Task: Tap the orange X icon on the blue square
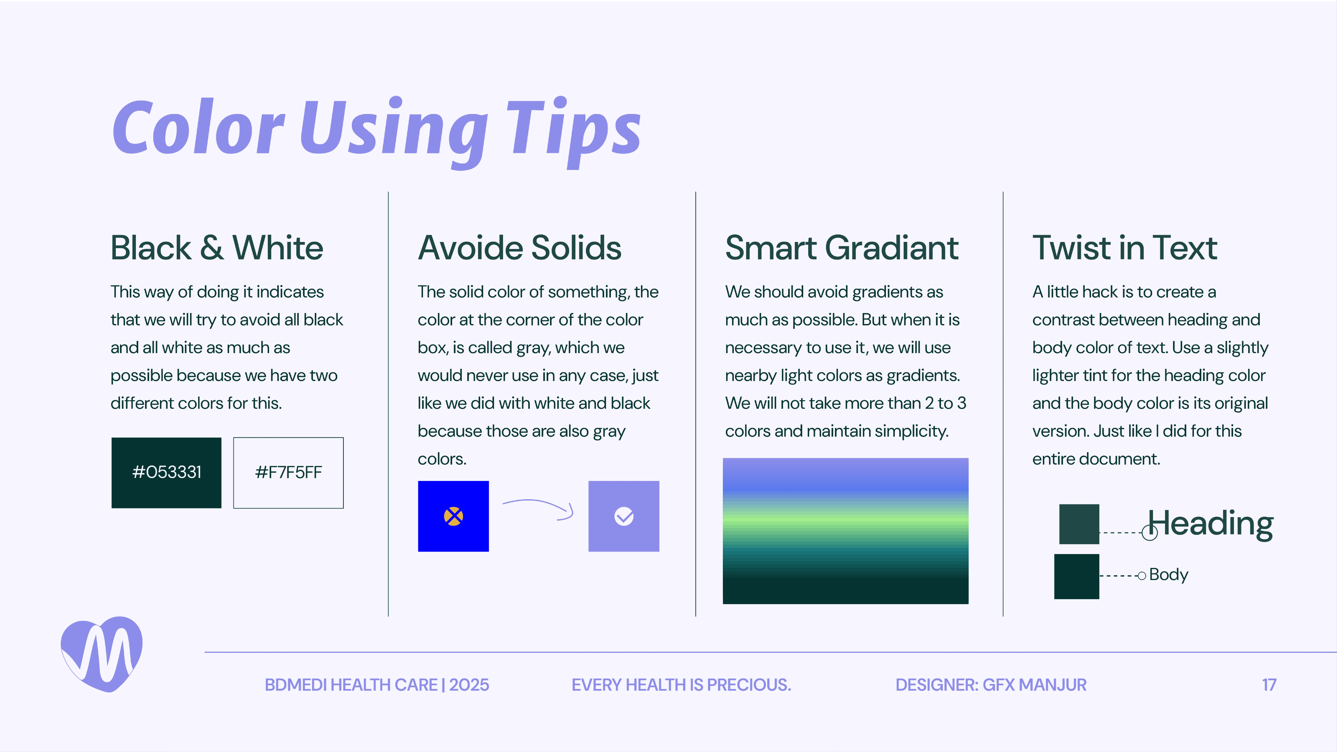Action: point(453,516)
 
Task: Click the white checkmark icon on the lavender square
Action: point(624,516)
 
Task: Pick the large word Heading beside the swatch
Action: point(1210,524)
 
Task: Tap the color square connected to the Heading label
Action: point(1079,524)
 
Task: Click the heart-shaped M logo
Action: point(102,654)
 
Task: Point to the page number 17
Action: point(1269,685)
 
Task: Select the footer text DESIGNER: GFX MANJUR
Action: point(991,685)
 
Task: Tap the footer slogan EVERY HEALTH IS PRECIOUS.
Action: point(681,685)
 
